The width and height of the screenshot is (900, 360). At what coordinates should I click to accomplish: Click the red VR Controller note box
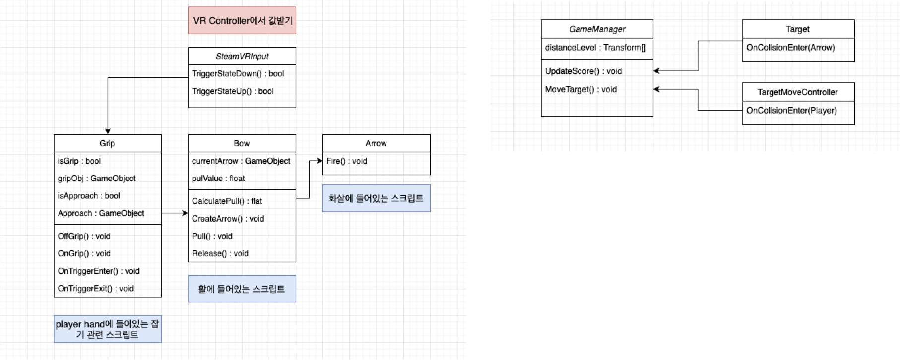[x=242, y=20]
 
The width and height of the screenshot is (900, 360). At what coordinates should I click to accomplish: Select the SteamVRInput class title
[x=242, y=56]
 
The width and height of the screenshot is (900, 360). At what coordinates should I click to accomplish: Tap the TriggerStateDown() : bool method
[x=238, y=74]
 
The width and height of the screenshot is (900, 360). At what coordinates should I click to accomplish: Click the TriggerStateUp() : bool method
[x=233, y=91]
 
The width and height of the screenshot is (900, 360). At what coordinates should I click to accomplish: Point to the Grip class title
[x=107, y=143]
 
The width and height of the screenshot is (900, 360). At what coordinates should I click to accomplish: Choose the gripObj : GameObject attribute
[x=96, y=179]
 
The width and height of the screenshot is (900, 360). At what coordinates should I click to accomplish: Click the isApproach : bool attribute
[x=88, y=196]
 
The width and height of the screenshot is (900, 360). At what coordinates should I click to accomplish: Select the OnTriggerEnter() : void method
[x=98, y=271]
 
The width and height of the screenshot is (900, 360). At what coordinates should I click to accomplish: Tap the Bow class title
[x=242, y=143]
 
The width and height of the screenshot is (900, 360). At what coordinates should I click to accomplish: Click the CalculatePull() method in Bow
[x=227, y=201]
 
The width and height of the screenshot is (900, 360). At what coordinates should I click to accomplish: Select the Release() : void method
[x=220, y=254]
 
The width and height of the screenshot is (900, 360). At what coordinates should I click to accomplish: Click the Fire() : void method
[x=346, y=161]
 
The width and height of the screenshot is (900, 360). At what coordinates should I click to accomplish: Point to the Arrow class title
[x=376, y=143]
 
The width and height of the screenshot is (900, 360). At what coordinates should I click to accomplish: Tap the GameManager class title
[x=597, y=29]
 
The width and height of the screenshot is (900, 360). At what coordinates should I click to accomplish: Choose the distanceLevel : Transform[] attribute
[x=595, y=48]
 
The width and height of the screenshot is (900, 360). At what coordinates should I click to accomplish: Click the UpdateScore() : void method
[x=583, y=71]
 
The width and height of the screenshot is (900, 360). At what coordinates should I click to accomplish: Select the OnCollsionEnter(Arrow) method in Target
[x=790, y=48]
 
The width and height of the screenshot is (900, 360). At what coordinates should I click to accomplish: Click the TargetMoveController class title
[x=797, y=92]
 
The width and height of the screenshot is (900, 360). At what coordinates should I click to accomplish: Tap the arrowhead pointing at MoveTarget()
[x=656, y=89]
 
